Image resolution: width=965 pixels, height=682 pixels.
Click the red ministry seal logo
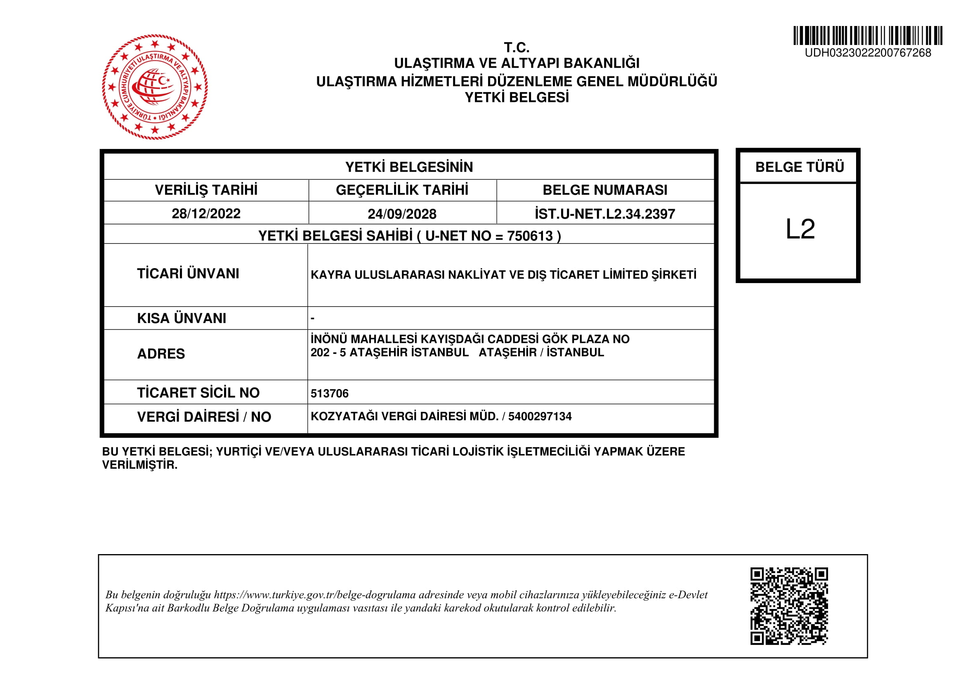(x=155, y=87)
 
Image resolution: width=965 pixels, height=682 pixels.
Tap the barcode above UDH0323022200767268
(x=868, y=36)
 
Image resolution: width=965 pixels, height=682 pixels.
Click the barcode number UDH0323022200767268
(x=868, y=53)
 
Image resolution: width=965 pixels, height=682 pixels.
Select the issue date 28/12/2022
(x=206, y=214)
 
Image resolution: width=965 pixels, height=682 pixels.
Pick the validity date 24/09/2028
(x=402, y=214)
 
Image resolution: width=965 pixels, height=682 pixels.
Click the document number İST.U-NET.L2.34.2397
(x=604, y=214)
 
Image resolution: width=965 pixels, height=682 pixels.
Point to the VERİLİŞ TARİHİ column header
(x=206, y=190)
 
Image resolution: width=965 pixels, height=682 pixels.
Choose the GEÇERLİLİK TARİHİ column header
(x=402, y=190)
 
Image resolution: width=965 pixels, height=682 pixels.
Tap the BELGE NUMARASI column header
(x=604, y=190)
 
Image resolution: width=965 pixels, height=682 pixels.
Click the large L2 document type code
(x=800, y=229)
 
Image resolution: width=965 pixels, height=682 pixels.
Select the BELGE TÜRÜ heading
(x=800, y=167)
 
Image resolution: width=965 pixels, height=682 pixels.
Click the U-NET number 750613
(x=530, y=236)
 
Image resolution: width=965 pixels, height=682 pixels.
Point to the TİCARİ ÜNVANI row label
(x=188, y=274)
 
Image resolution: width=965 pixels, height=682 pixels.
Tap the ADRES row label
(x=161, y=354)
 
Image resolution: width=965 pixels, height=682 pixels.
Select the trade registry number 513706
(x=330, y=393)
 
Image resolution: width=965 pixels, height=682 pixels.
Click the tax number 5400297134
(x=540, y=416)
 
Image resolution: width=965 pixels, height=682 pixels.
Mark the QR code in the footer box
(x=789, y=606)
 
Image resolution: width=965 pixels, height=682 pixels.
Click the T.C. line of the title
(x=517, y=47)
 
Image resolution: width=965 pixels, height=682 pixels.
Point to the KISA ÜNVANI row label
(x=182, y=319)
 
